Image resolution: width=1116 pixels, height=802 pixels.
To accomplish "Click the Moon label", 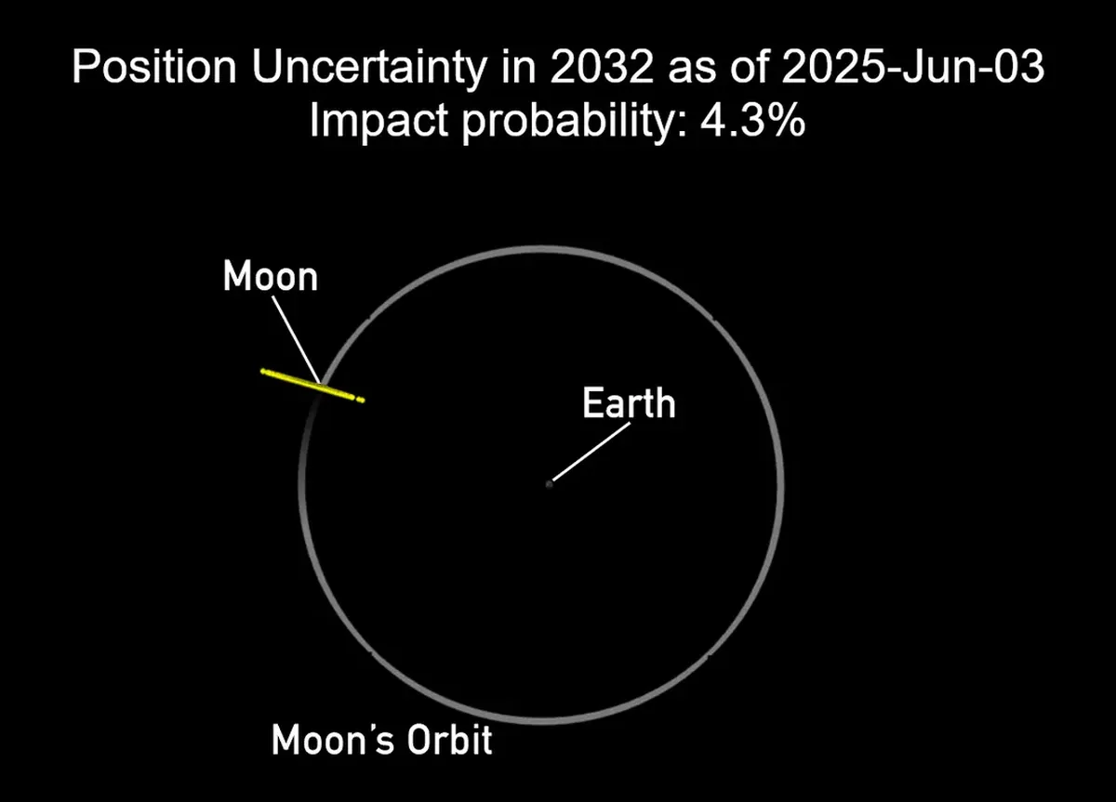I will (x=270, y=277).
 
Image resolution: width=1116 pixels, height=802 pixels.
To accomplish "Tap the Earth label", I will (x=628, y=403).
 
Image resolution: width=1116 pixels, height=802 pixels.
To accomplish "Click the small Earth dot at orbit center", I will (x=549, y=483).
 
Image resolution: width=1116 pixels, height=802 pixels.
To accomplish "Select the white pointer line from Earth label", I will (x=591, y=453).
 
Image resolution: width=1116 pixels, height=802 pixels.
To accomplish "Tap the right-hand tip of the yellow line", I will (x=362, y=401).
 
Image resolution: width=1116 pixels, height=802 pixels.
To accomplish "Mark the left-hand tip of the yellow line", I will (x=262, y=371).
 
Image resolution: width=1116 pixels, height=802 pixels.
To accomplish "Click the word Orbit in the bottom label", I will (x=450, y=742).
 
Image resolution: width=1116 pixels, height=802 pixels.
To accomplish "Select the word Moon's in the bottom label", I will (x=331, y=742).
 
